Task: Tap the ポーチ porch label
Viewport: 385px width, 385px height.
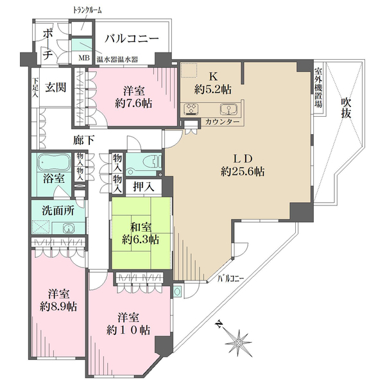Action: pyautogui.click(x=47, y=45)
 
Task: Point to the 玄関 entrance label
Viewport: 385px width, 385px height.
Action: pyautogui.click(x=56, y=86)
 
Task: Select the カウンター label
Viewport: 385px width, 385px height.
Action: pyautogui.click(x=223, y=122)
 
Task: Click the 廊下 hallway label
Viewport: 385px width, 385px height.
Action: pyautogui.click(x=80, y=139)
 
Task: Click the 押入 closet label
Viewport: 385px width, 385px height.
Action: pyautogui.click(x=143, y=187)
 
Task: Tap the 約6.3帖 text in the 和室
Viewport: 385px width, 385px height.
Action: pyautogui.click(x=141, y=240)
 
